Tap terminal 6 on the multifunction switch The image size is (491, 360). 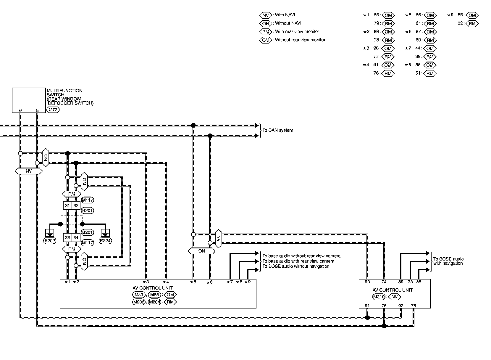coord(20,110)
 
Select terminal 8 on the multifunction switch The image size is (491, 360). coord(37,110)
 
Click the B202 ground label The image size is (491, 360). coord(50,241)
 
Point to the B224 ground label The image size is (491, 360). coord(106,241)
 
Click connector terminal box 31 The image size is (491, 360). coord(68,205)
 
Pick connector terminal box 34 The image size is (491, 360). coord(76,238)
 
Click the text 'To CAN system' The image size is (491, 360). coord(278,130)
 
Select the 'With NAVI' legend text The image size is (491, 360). coord(285,15)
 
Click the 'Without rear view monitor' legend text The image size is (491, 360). coord(300,40)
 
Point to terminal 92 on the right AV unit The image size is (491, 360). coord(401,306)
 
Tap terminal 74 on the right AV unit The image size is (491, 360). coord(384,282)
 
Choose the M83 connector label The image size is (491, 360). coord(138,295)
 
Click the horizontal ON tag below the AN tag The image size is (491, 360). coord(202,251)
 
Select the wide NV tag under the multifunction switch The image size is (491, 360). coord(29,171)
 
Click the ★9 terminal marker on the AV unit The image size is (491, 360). coord(248,282)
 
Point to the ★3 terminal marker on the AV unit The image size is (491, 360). coord(146,282)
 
